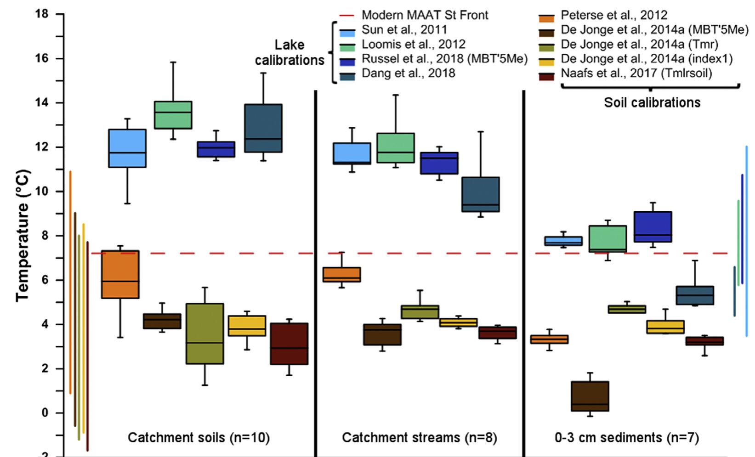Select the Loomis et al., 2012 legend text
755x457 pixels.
(413, 45)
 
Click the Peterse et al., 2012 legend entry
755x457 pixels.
(614, 16)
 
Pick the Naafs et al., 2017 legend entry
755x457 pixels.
(636, 73)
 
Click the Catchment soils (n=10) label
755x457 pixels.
(199, 438)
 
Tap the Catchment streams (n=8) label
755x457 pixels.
(419, 438)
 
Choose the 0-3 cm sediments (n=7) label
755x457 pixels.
(627, 438)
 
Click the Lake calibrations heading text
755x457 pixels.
(290, 52)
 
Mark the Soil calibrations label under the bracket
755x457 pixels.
(652, 102)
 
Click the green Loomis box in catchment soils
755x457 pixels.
(173, 115)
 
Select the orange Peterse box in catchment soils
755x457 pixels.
(120, 274)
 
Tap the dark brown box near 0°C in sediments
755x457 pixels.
(590, 396)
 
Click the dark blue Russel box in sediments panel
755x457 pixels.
(653, 226)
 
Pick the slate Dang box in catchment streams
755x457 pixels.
(481, 194)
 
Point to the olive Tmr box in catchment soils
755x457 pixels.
(204, 333)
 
